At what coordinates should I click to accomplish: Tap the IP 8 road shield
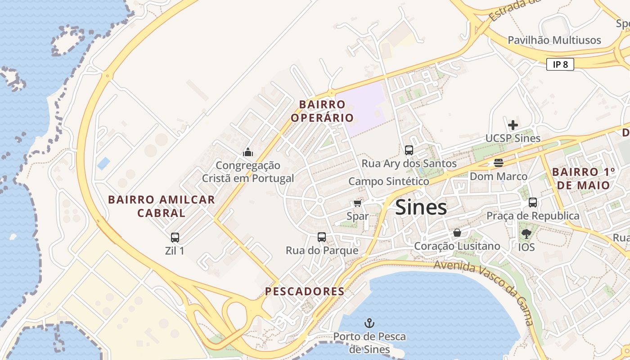click(x=560, y=64)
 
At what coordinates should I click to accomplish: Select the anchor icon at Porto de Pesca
click(x=369, y=323)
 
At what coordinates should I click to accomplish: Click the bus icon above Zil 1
click(x=175, y=237)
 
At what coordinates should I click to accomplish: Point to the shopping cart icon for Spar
click(x=357, y=203)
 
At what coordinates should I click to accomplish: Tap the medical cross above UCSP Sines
click(x=513, y=125)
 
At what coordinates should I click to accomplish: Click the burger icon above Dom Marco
click(x=498, y=162)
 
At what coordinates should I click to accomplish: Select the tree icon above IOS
click(x=526, y=234)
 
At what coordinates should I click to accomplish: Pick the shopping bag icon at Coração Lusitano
click(x=457, y=233)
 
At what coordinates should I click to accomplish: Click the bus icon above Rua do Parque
click(x=322, y=237)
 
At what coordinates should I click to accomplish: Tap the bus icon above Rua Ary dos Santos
click(x=409, y=150)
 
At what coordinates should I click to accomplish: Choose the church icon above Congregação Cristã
click(x=248, y=152)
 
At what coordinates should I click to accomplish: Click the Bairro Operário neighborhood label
click(x=322, y=111)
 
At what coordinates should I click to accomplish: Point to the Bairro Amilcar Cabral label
click(x=162, y=206)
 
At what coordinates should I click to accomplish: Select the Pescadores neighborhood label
click(x=305, y=291)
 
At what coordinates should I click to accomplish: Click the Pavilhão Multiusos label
click(x=554, y=40)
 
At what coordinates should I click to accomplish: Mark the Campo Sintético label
click(x=389, y=181)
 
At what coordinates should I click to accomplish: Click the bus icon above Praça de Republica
click(x=533, y=202)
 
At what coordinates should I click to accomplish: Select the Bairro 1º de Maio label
click(x=583, y=179)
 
